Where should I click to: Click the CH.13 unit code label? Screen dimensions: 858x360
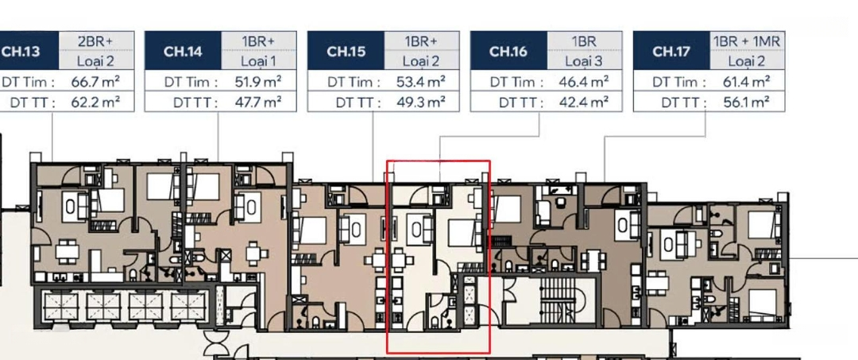click(x=21, y=52)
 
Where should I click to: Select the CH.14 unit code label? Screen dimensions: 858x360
click(x=183, y=52)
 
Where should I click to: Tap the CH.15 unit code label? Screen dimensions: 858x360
click(x=346, y=52)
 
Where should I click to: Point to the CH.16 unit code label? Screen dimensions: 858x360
click(x=508, y=52)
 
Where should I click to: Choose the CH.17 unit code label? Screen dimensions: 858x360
click(x=671, y=52)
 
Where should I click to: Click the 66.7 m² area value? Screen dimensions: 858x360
click(x=95, y=82)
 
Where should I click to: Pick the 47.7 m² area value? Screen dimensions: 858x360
click(x=257, y=103)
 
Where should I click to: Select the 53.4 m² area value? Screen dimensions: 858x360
click(x=420, y=82)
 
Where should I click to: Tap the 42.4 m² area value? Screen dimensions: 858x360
click(x=583, y=103)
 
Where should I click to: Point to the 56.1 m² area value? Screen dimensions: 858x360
click(x=746, y=103)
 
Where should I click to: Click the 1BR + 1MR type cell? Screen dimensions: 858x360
click(x=748, y=41)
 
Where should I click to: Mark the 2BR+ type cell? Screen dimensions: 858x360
click(x=96, y=41)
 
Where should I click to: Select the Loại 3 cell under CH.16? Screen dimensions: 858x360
click(x=585, y=60)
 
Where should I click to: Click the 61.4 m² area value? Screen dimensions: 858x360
click(x=746, y=82)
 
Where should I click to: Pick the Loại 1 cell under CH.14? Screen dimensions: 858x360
click(x=259, y=60)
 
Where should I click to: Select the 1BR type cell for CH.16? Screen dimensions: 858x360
click(x=585, y=41)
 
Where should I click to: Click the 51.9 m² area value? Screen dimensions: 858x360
click(x=257, y=82)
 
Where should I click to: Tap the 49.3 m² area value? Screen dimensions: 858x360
click(x=420, y=103)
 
